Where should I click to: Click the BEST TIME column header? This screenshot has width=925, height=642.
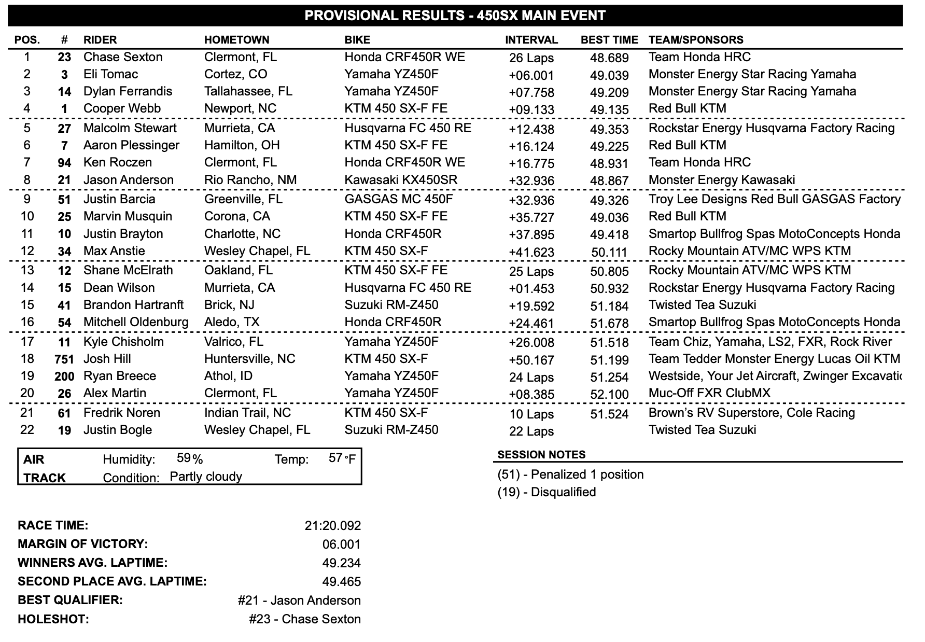pos(609,40)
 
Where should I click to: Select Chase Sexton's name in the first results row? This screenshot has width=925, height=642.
pos(123,57)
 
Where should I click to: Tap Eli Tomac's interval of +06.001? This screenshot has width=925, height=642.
pos(531,75)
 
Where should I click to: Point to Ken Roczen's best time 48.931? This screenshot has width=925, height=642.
pos(609,163)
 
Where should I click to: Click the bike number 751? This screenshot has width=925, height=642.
pos(64,359)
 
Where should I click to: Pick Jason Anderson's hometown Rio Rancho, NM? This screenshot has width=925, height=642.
pos(250,180)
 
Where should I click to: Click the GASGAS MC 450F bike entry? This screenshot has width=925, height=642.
pos(399,199)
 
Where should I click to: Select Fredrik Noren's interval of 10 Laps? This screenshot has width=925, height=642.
pos(531,414)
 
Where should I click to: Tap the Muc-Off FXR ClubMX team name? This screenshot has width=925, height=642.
pos(709,393)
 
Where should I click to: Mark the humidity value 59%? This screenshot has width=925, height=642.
pos(190,458)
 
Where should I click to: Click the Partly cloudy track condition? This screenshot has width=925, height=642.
pos(206,477)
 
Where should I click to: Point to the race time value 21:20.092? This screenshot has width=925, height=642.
pos(333,526)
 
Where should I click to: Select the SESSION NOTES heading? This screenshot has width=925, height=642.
pos(541,455)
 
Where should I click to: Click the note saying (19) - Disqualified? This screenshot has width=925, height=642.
pos(546,492)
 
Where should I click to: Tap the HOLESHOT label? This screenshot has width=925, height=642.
pos(53,619)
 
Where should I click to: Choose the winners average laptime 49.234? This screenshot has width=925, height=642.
pos(341,563)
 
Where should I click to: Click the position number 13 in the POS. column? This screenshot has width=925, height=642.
pos(27,270)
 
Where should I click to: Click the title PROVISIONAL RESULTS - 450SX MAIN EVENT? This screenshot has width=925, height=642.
pos(455,16)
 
